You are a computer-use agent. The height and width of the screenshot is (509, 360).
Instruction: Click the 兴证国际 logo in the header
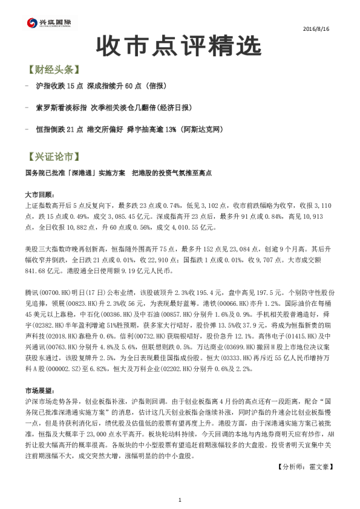pos(49,23)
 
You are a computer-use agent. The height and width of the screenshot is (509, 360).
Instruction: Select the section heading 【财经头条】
pos(53,70)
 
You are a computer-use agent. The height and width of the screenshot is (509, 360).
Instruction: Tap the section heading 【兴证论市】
pos(53,157)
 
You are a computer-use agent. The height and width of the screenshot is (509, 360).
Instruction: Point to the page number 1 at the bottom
pos(180,499)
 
